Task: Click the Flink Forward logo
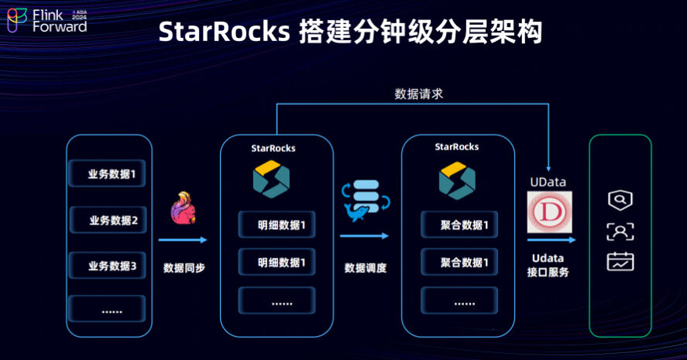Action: pos(46,20)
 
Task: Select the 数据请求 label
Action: pos(419,94)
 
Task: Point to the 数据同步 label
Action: pos(184,268)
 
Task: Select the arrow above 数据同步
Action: pos(184,240)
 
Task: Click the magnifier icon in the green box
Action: pos(620,201)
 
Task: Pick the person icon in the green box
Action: pos(620,231)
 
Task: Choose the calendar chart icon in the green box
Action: pos(620,261)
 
